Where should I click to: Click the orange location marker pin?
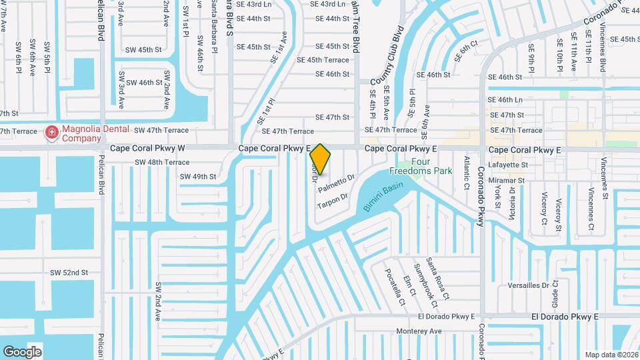(x=320, y=159)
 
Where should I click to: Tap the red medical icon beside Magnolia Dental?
(x=51, y=134)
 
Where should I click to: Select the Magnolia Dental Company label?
(x=82, y=134)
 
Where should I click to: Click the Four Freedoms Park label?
(x=431, y=166)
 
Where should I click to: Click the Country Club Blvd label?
(x=387, y=55)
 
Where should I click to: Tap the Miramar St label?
(x=507, y=180)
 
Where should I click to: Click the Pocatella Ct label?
(x=393, y=287)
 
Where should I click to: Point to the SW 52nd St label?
(x=69, y=273)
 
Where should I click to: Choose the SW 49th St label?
(x=198, y=177)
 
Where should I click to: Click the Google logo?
(x=22, y=351)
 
